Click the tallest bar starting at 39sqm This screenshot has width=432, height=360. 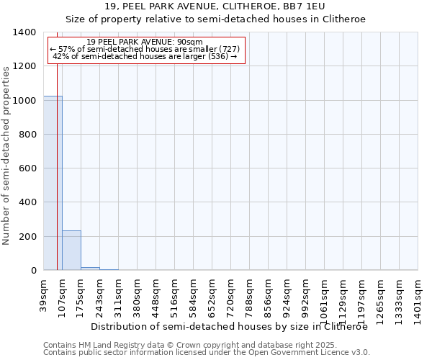pyautogui.click(x=53, y=183)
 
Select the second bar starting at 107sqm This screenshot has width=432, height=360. pyautogui.click(x=71, y=251)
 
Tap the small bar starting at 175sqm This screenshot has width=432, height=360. pyautogui.click(x=90, y=269)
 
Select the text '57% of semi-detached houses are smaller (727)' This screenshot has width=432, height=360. pyautogui.click(x=148, y=49)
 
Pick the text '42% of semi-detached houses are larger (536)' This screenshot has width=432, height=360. pyautogui.click(x=145, y=56)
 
